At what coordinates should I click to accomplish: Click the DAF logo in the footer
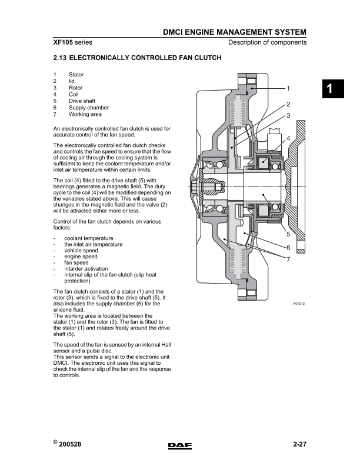coord(179,445)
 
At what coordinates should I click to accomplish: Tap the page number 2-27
coord(299,444)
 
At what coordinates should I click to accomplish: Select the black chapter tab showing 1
coord(333,89)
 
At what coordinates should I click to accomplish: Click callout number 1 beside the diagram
coord(288,88)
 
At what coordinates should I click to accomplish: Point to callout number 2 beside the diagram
coord(288,104)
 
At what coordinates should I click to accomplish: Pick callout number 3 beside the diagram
coord(288,115)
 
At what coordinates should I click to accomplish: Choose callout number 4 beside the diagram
coord(288,138)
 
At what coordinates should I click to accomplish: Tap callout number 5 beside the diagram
coord(288,234)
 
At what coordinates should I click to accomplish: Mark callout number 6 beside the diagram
coord(288,247)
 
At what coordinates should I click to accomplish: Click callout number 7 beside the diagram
coord(288,259)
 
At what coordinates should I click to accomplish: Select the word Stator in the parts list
coord(76,74)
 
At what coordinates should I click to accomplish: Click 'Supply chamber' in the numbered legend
coord(89,108)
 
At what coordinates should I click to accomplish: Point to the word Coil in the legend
coord(74,94)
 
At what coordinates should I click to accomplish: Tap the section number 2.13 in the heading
coord(59,58)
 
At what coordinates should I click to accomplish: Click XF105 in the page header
coord(63,42)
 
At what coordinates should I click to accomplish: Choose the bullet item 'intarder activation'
coord(86,269)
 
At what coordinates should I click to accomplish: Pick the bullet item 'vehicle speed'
coord(81,251)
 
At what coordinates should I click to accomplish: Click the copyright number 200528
coord(70,444)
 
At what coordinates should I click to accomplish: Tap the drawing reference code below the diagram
coord(299,304)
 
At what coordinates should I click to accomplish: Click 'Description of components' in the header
coord(267,42)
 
